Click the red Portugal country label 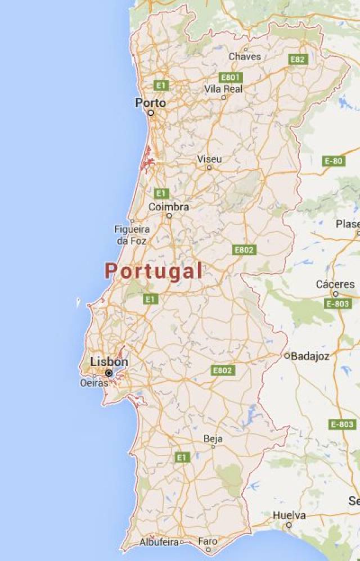pyautogui.click(x=154, y=272)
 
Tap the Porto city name pyautogui.click(x=151, y=103)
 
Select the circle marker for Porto pyautogui.click(x=151, y=112)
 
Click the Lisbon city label pyautogui.click(x=109, y=362)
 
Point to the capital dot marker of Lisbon pyautogui.click(x=109, y=373)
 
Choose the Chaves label pyautogui.click(x=245, y=56)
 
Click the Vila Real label pyautogui.click(x=223, y=89)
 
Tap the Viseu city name pyautogui.click(x=209, y=159)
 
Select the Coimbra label pyautogui.click(x=168, y=207)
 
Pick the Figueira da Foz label pyautogui.click(x=132, y=235)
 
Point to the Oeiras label pyautogui.click(x=94, y=383)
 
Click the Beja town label pyautogui.click(x=213, y=438)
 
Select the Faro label pyautogui.click(x=208, y=542)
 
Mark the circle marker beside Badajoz pyautogui.click(x=287, y=356)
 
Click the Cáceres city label pyautogui.click(x=335, y=284)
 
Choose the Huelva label pyautogui.click(x=289, y=515)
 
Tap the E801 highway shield pyautogui.click(x=231, y=77)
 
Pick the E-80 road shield pyautogui.click(x=334, y=161)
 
